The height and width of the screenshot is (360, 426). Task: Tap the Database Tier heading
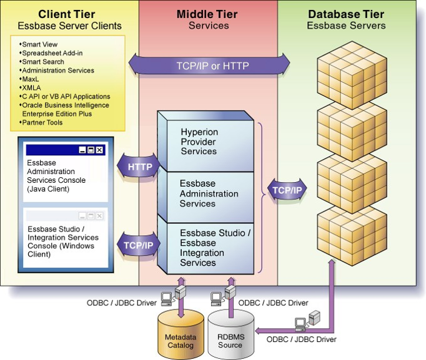click(x=346, y=14)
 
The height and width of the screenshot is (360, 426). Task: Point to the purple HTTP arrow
click(x=139, y=167)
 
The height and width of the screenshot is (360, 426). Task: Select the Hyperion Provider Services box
click(x=199, y=142)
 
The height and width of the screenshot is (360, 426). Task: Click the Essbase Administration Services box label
click(x=209, y=193)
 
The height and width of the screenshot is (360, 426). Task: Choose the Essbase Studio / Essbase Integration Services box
click(x=215, y=248)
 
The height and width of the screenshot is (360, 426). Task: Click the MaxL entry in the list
click(x=31, y=79)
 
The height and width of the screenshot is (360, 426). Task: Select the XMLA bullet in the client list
click(x=32, y=88)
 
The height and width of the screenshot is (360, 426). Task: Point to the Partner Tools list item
click(x=42, y=123)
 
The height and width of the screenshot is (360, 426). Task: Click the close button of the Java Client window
click(x=99, y=150)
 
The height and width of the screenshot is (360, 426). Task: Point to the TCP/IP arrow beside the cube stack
click(x=286, y=190)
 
